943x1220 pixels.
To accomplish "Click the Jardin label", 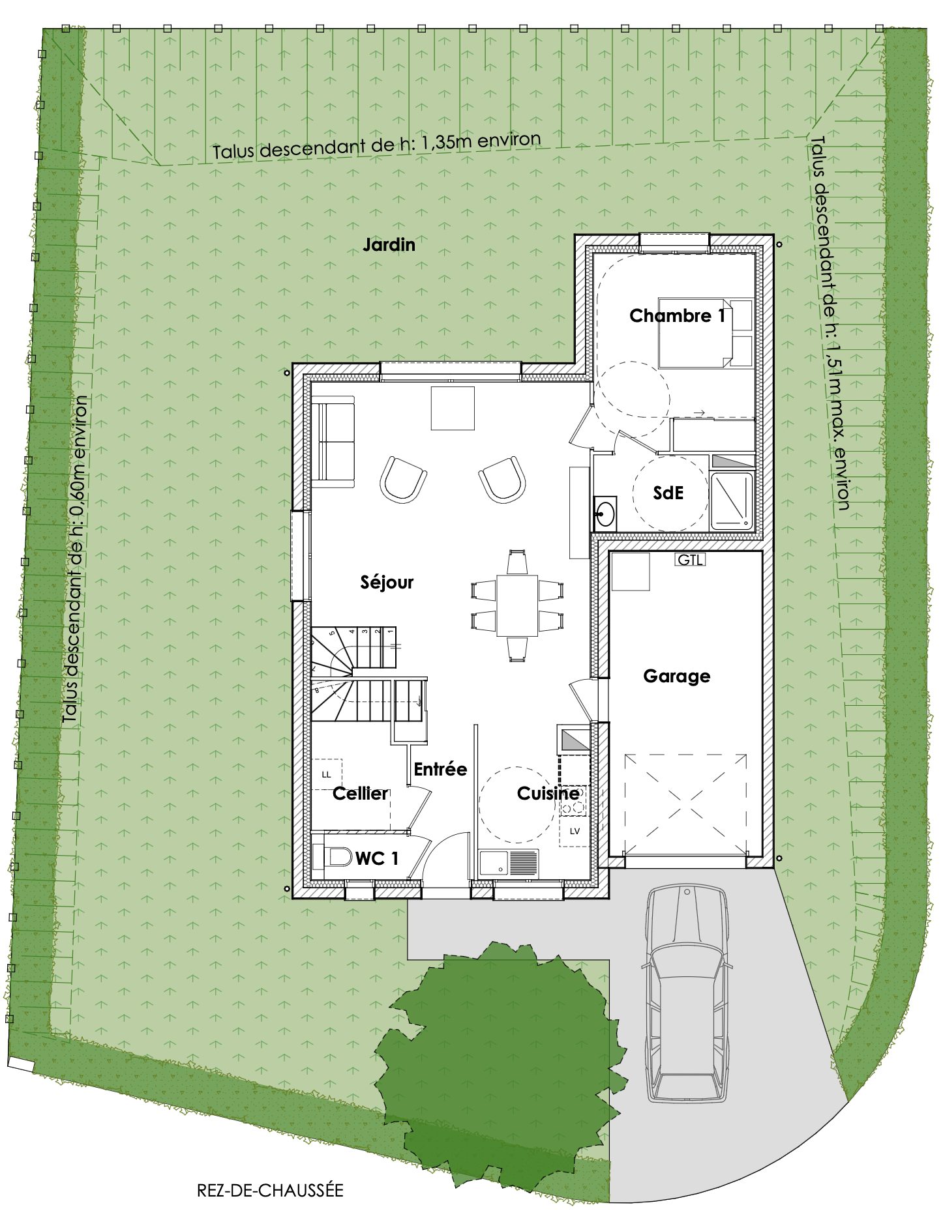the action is point(389,245).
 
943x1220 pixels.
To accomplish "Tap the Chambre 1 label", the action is point(677,316).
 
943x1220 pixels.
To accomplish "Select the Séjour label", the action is point(387,582).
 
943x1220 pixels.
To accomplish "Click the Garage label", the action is point(676,676).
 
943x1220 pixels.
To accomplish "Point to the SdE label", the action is point(668,493).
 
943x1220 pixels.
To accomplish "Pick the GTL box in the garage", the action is point(691,559).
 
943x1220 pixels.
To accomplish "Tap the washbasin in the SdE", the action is point(606,512).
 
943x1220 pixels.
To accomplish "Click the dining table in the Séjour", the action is point(516,605).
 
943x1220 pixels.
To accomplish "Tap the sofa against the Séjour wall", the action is point(333,443).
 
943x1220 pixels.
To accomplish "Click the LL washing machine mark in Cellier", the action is point(327,775).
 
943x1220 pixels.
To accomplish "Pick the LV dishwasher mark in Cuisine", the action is point(575,831).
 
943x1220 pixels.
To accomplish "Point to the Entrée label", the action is point(440,769).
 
